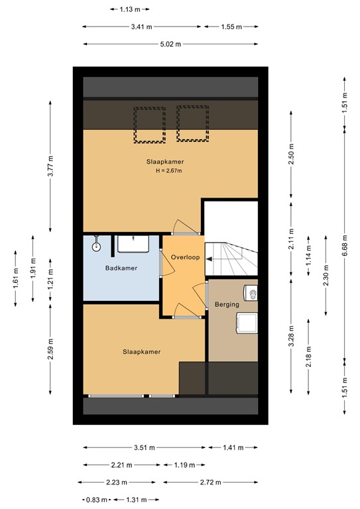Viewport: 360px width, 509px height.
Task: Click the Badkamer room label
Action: click(x=121, y=268)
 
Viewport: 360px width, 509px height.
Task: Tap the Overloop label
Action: click(x=186, y=257)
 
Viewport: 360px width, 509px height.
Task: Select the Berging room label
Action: click(x=227, y=304)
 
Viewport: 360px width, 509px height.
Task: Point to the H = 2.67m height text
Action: click(x=169, y=171)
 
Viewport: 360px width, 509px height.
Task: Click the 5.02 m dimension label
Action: click(x=170, y=44)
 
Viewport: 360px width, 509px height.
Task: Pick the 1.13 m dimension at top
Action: click(x=130, y=9)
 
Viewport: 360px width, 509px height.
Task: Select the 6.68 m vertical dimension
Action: click(x=345, y=245)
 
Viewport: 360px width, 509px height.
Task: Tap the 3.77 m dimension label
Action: click(x=50, y=166)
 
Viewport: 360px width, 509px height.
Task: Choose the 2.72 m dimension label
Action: click(x=210, y=482)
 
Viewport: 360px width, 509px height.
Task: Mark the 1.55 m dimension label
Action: click(x=231, y=27)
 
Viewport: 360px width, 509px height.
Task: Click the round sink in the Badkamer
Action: click(x=96, y=247)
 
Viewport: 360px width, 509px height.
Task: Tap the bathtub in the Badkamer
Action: click(x=133, y=244)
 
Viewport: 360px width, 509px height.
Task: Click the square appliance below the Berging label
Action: click(x=247, y=323)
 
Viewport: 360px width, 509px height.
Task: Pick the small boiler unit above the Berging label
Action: click(x=251, y=293)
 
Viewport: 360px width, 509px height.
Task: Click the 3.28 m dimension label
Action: click(x=291, y=336)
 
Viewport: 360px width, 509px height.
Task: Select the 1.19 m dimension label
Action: click(x=184, y=465)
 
